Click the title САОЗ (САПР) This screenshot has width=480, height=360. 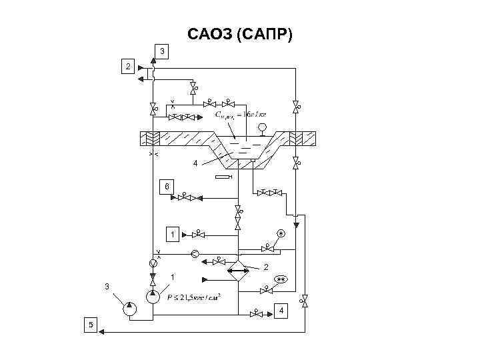(239, 33)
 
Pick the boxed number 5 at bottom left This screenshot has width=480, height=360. (91, 325)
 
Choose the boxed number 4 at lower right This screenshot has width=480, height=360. (282, 312)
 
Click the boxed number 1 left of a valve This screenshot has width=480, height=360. (172, 235)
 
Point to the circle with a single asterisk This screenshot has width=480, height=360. (281, 234)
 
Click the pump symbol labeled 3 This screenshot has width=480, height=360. (130, 309)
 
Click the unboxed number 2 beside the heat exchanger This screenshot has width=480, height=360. (265, 267)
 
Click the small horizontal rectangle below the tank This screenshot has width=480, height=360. (223, 177)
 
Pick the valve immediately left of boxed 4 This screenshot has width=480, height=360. (257, 312)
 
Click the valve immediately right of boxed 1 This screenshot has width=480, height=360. (198, 235)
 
